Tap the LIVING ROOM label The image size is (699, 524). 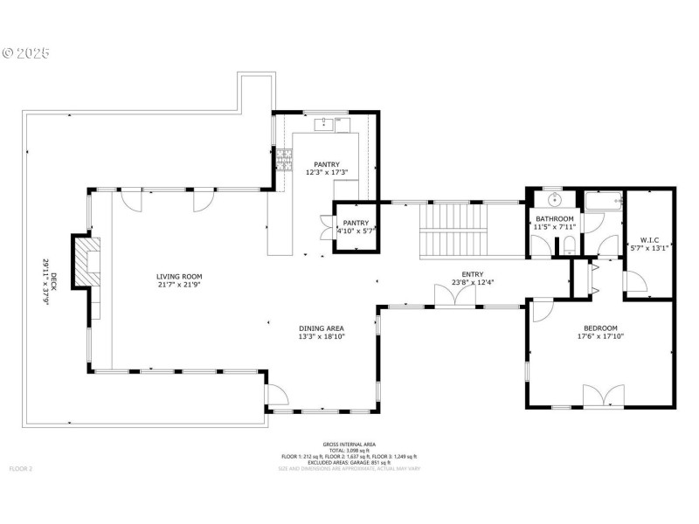[179, 277]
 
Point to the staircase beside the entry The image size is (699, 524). [453, 229]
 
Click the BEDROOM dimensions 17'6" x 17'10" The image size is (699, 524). [600, 336]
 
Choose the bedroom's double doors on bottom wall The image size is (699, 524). [603, 397]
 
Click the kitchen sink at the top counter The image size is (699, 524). [324, 123]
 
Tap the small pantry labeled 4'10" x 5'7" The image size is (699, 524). [356, 226]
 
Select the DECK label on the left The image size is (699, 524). [53, 280]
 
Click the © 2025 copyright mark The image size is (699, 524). [26, 53]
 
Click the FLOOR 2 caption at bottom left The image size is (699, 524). [21, 469]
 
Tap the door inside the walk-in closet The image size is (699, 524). [633, 281]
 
